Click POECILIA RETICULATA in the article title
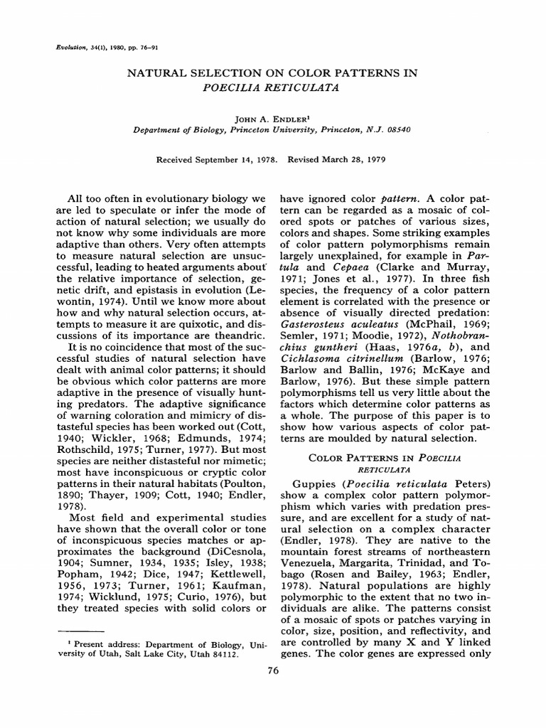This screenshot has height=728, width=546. point(272,88)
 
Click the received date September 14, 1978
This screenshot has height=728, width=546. point(240,159)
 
